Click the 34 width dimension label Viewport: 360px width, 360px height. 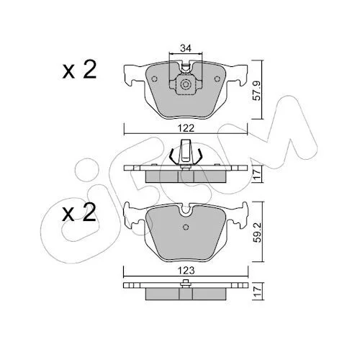pos(186,48)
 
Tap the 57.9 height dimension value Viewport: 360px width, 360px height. pos(257,91)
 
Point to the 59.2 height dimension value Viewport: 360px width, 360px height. pos(258,233)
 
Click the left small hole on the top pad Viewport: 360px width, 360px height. pos(154,78)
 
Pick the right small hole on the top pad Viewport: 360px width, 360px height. pos(217,78)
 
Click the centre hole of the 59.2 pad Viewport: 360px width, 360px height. pos(186,227)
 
